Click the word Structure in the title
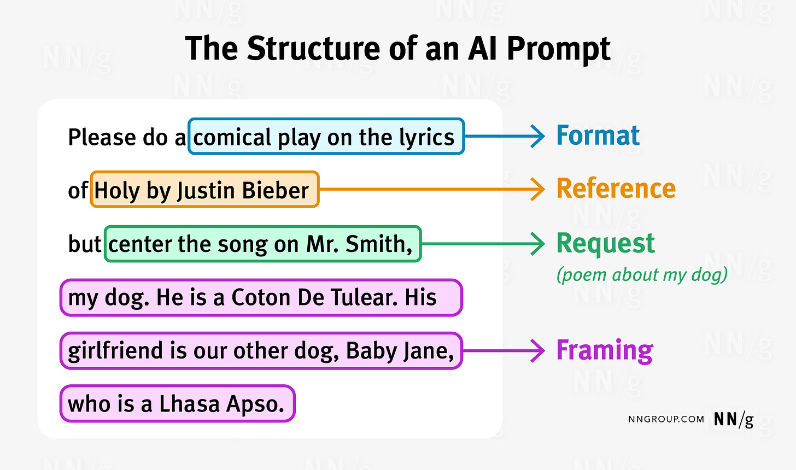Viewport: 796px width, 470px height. [314, 49]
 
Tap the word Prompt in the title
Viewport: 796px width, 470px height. [558, 49]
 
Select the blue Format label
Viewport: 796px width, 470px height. [598, 136]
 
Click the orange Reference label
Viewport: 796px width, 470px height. [616, 189]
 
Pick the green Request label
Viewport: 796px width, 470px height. [605, 243]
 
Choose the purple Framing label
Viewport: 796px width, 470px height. [604, 350]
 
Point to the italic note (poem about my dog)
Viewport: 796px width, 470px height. [642, 274]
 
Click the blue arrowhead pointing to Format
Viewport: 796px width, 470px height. [539, 136]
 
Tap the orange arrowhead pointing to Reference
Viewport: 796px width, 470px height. [539, 189]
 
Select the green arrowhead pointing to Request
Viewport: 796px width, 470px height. [539, 244]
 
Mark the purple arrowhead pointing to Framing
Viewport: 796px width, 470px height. [539, 350]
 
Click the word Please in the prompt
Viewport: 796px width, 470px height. [102, 137]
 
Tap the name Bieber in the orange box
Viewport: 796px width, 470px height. [276, 190]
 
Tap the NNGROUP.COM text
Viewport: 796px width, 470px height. [666, 419]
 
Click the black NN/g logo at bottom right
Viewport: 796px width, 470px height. [733, 419]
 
